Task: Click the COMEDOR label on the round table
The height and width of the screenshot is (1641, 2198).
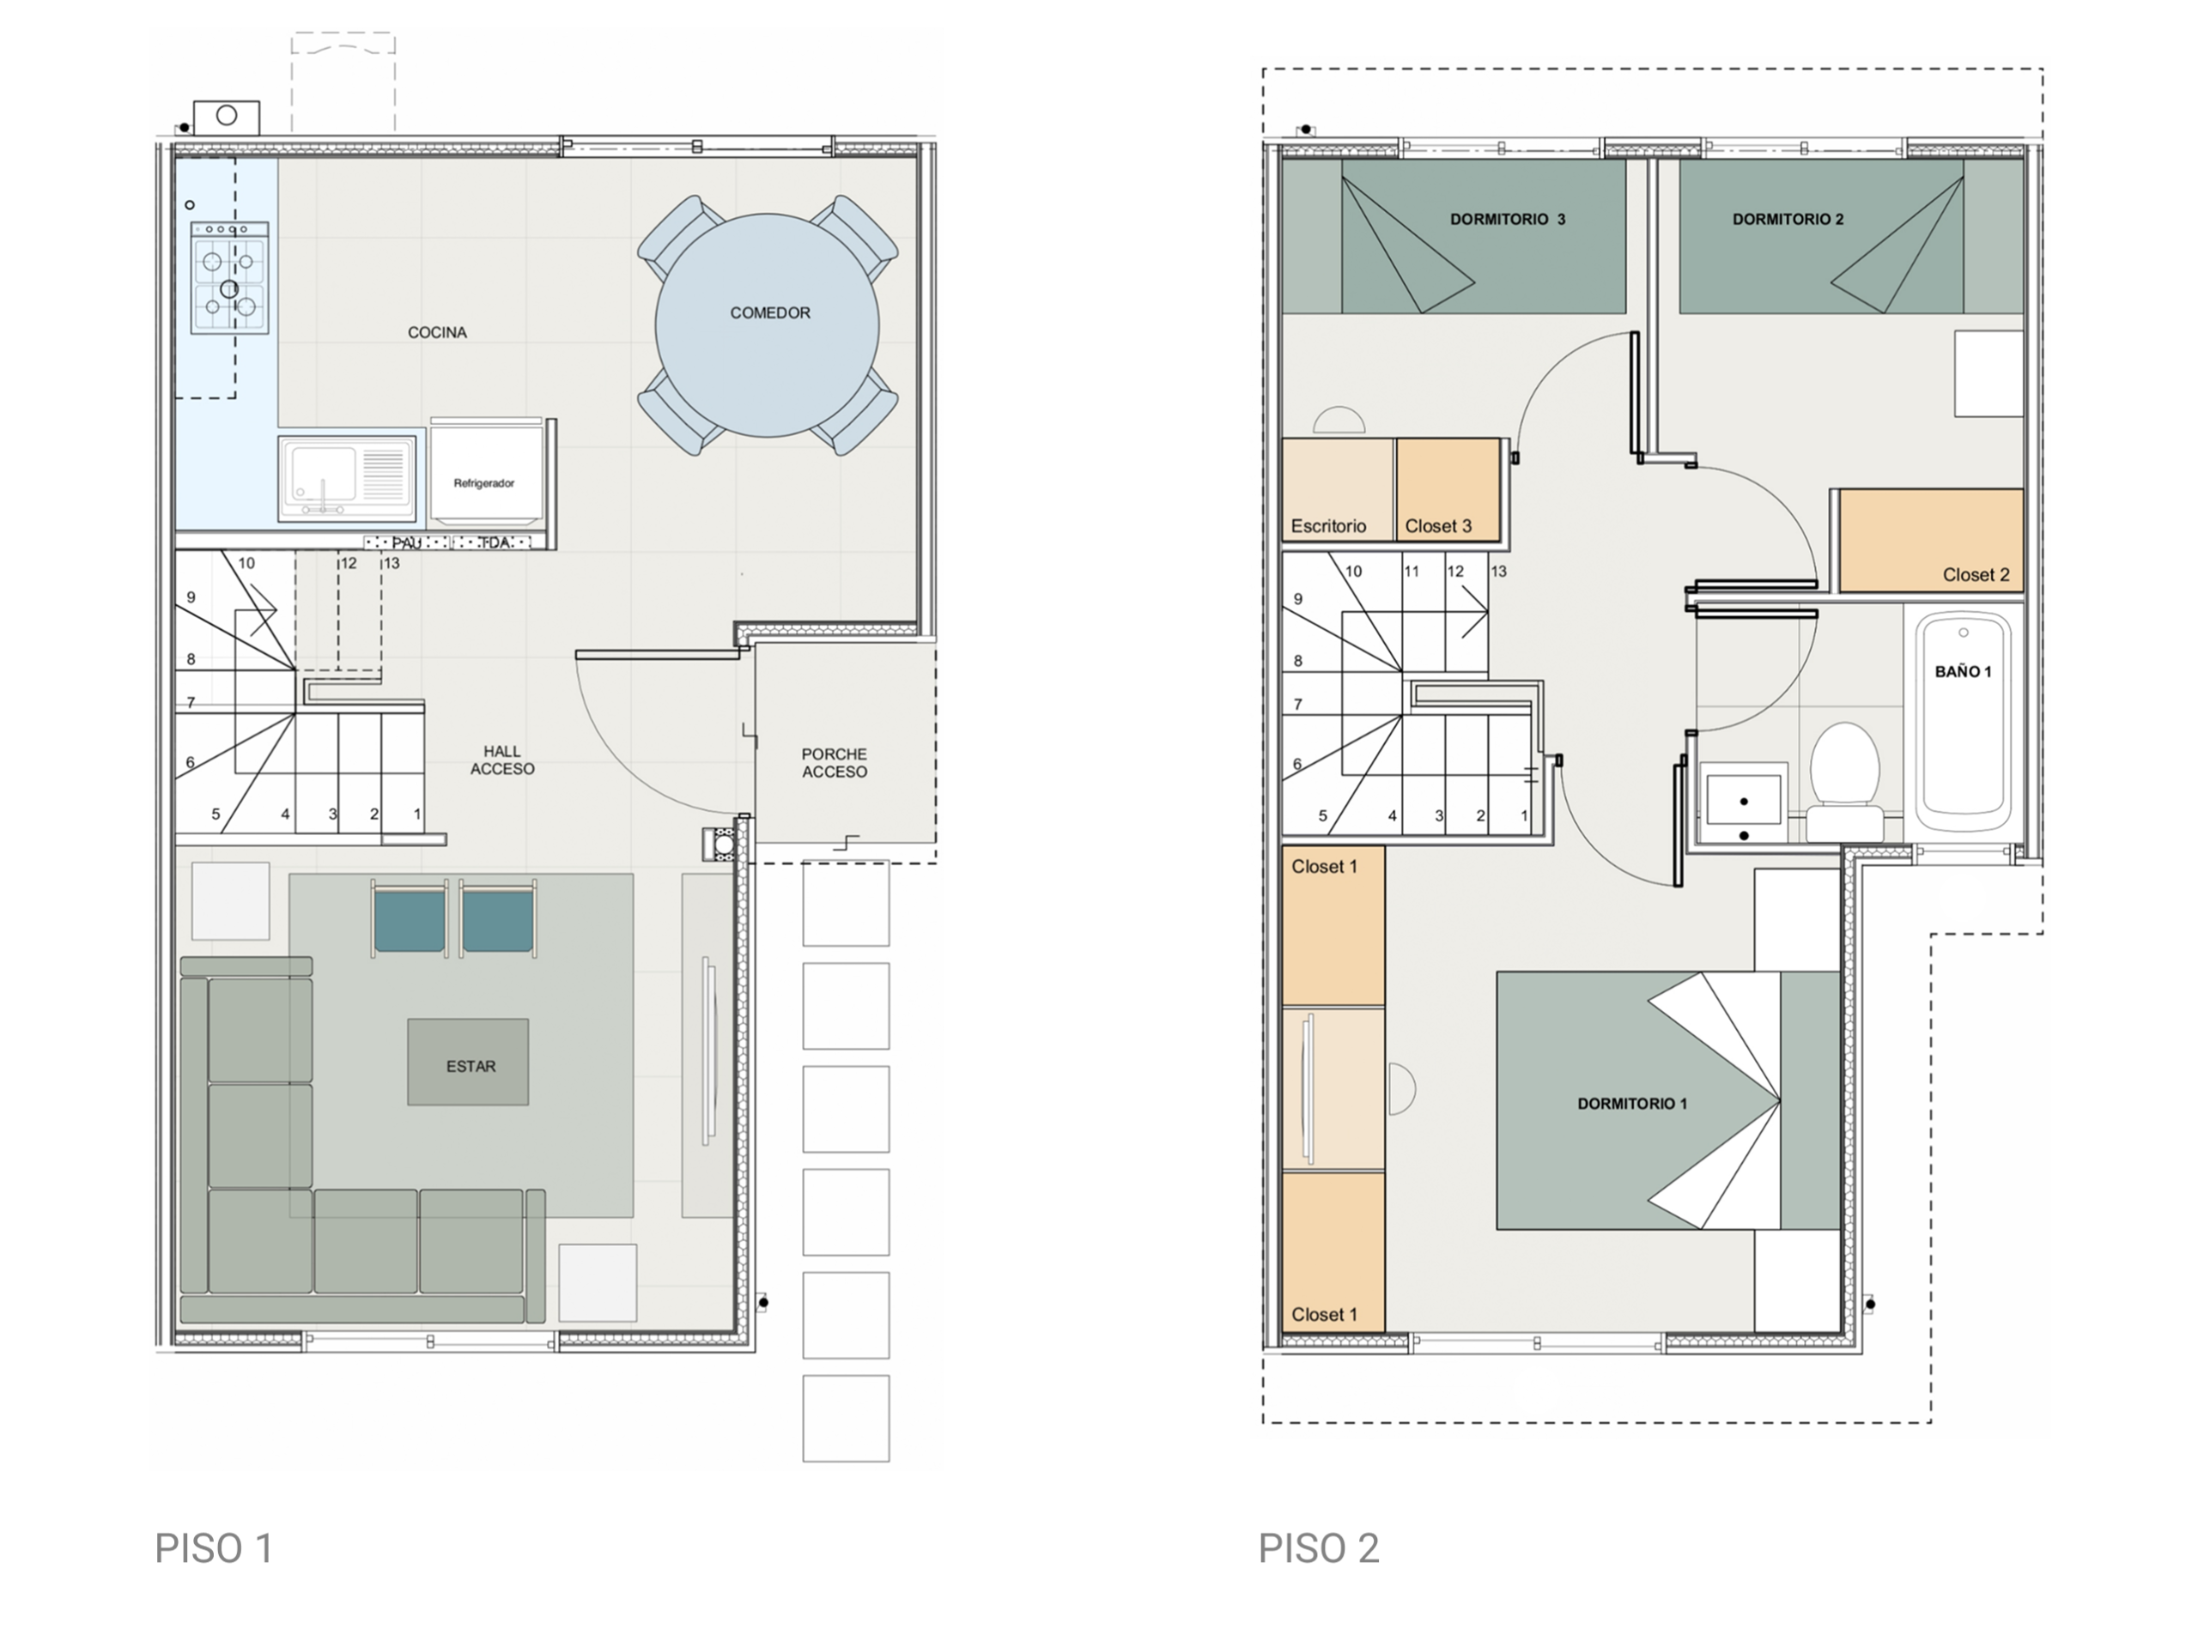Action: coord(770,313)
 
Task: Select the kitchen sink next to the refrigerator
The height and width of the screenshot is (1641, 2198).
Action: coord(347,479)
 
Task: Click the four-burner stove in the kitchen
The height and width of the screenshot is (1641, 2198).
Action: coord(229,277)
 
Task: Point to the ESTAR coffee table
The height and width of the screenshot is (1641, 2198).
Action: coord(468,1062)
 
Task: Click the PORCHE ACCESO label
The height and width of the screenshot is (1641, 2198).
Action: coord(835,763)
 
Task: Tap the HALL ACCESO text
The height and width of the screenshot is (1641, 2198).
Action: coord(503,760)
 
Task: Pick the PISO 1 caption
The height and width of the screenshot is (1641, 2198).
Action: coord(214,1547)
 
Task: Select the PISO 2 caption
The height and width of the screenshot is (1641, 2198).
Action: coord(1319,1547)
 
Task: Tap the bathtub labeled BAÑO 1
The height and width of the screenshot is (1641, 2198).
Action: coord(1964,722)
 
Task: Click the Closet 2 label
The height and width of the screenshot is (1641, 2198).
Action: coord(1976,575)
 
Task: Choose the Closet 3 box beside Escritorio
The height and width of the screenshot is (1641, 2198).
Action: coord(1448,490)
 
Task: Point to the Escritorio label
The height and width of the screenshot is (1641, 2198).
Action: coord(1328,526)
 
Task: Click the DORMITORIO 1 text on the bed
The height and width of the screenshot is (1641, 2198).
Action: coord(1632,1104)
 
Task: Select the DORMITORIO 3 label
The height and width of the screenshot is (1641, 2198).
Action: coord(1508,220)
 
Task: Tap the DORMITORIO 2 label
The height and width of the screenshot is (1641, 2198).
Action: coord(1788,220)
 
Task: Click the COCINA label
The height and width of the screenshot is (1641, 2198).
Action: coord(437,333)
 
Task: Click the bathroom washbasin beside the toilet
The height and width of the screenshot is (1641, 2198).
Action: coord(1743,804)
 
